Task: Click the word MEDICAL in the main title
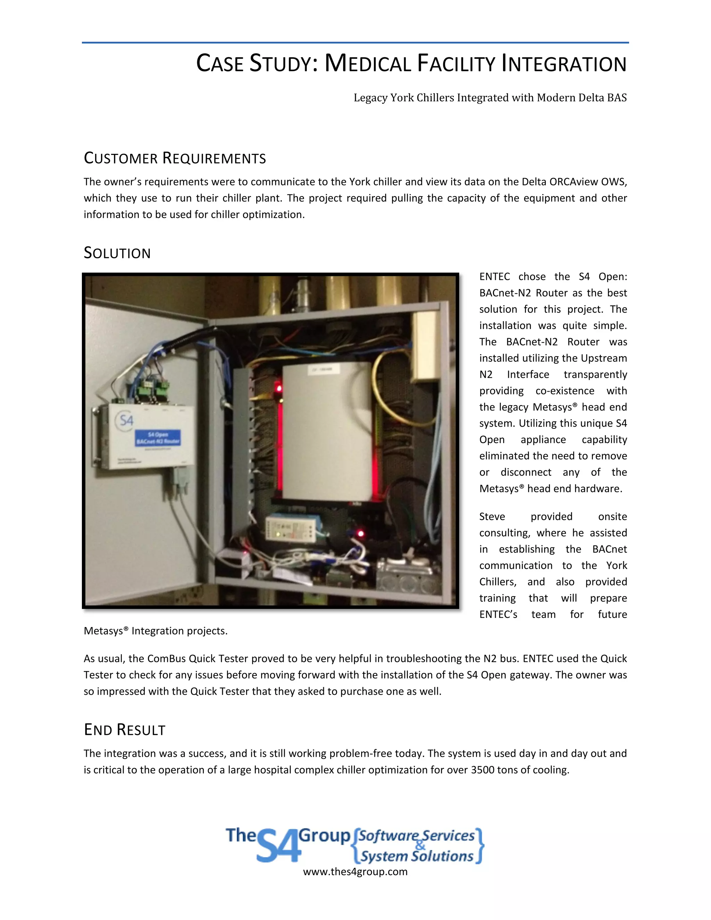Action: coord(368,64)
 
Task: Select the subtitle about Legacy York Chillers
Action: coord(490,98)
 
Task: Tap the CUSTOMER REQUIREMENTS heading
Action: coord(175,158)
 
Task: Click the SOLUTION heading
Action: coord(117,253)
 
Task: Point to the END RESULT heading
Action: coord(125,730)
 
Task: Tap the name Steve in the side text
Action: coord(492,517)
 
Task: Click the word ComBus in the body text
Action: coord(166,659)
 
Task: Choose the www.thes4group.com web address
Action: coord(355,872)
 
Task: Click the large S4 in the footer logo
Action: coord(278,846)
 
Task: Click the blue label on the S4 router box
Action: coord(158,438)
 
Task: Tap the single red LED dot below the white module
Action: coord(361,534)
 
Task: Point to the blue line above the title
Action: coord(355,43)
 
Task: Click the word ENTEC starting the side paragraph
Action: coord(494,277)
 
